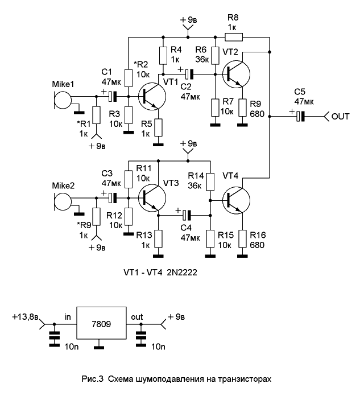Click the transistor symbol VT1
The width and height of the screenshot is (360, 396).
tap(152, 96)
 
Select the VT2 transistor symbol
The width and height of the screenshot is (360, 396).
tap(236, 74)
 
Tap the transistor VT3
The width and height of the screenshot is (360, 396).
tap(152, 198)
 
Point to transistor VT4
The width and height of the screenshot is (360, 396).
tap(236, 200)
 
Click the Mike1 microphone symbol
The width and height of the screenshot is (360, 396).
tap(63, 100)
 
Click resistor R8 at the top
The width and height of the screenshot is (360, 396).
tap(234, 37)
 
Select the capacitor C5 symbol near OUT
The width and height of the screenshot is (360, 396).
tap(300, 117)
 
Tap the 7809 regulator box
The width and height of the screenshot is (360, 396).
tap(101, 323)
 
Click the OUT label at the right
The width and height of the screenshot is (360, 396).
tap(340, 117)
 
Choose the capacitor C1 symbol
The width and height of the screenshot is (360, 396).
tap(113, 96)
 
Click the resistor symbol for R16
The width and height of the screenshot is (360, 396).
tap(242, 238)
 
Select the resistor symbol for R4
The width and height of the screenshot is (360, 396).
tap(163, 55)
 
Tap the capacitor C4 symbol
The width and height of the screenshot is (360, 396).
tap(187, 215)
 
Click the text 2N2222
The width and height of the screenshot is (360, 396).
tap(182, 273)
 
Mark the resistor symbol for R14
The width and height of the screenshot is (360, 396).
tap(210, 181)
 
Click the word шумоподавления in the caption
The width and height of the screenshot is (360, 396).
tap(169, 379)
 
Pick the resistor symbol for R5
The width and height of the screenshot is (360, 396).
tap(158, 127)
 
